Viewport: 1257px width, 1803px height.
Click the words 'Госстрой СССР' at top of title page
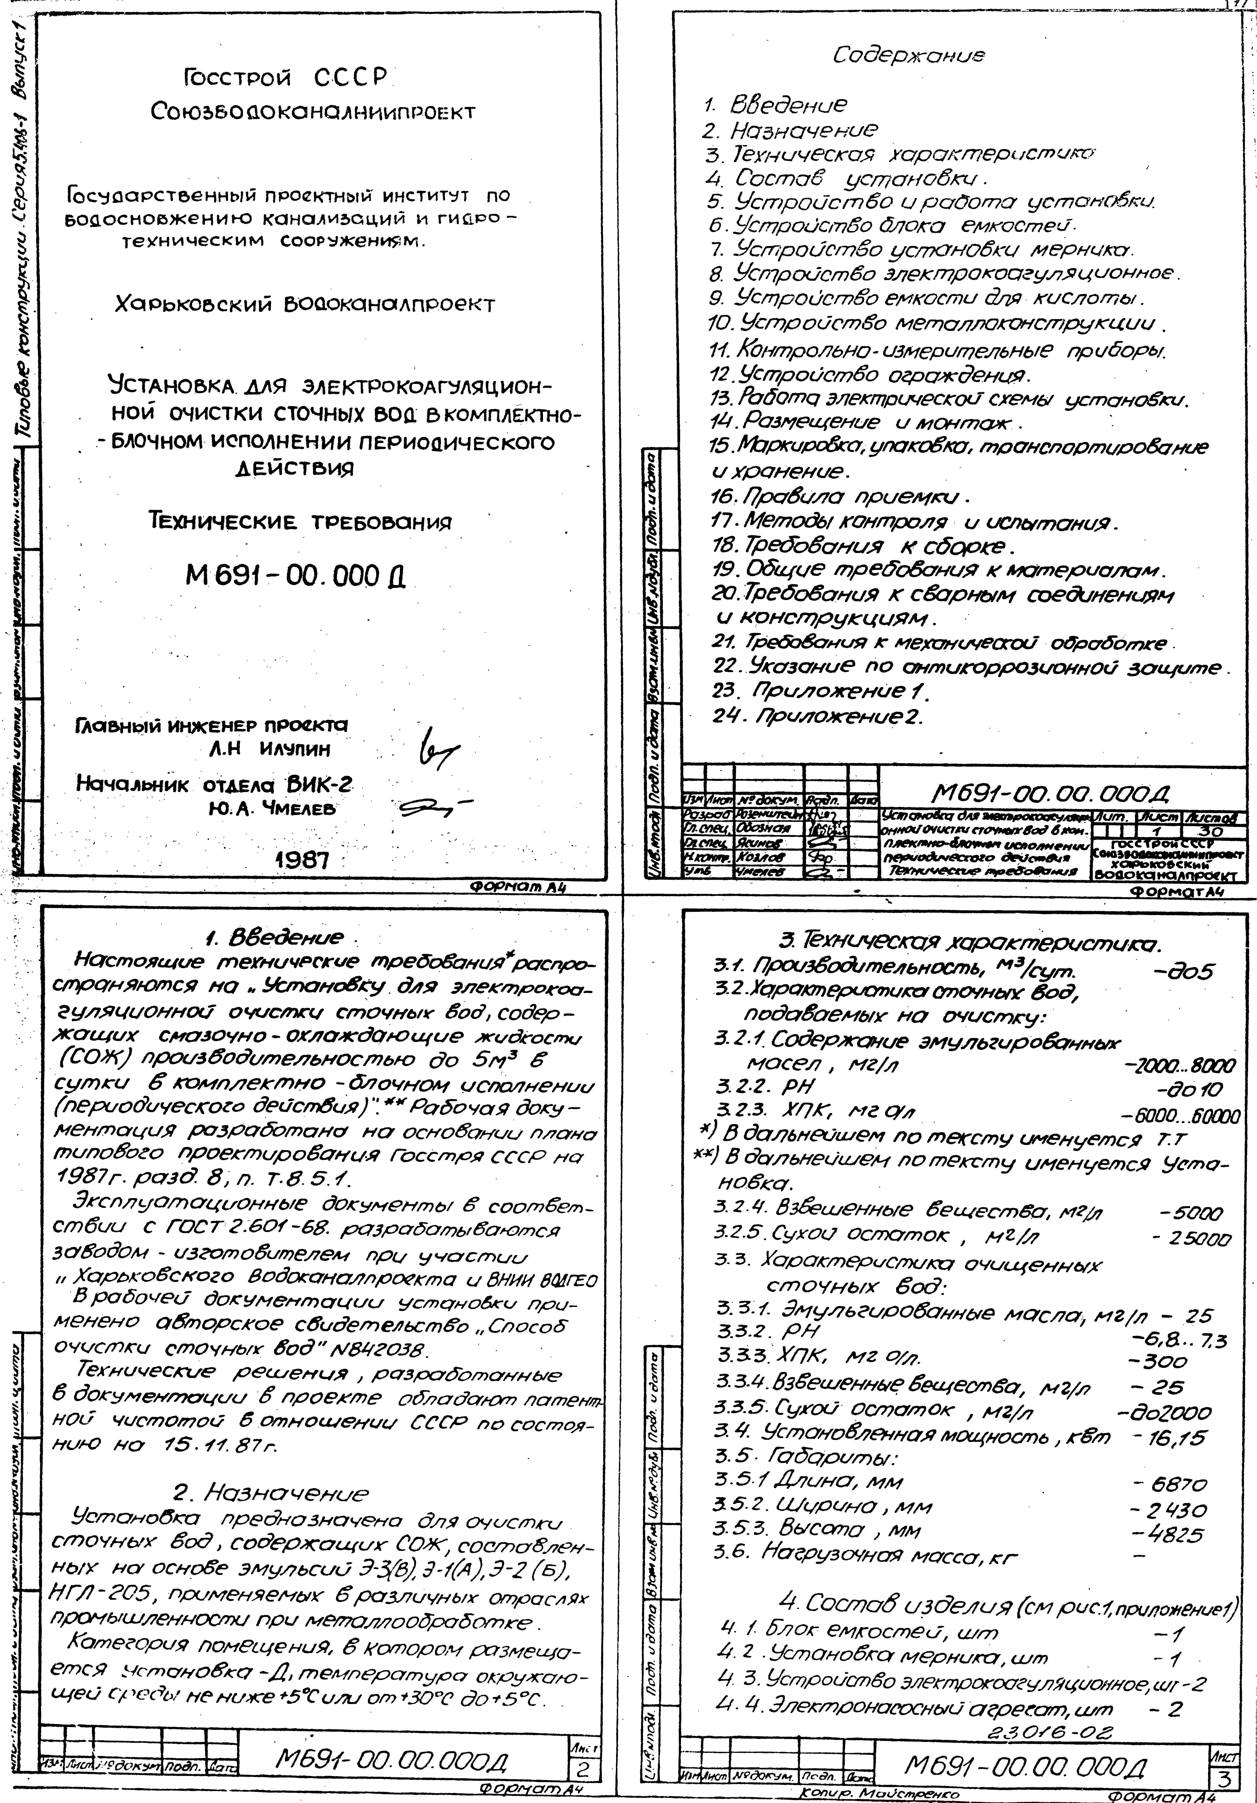[285, 78]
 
